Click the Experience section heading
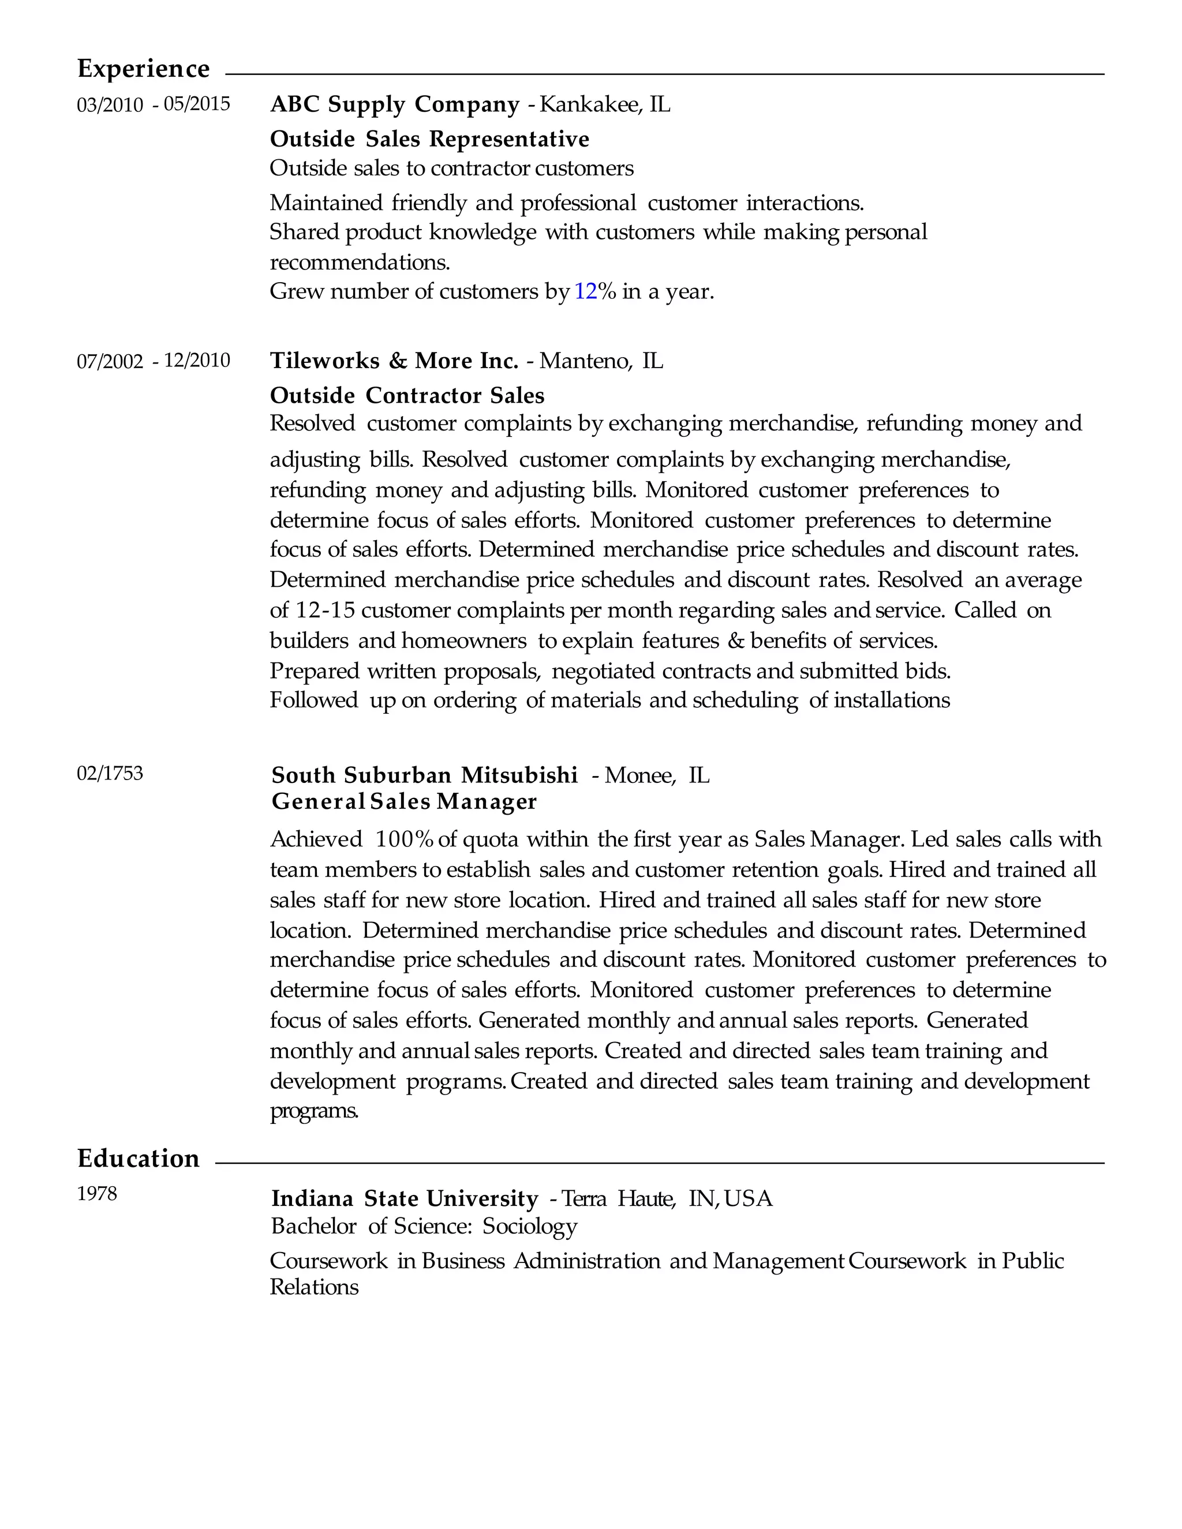[x=143, y=69]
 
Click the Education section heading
[x=138, y=1159]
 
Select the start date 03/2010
[x=110, y=105]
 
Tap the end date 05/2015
[x=197, y=104]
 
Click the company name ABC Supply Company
[x=395, y=104]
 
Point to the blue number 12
[x=585, y=291]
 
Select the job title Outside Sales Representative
[x=429, y=139]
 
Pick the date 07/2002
[x=110, y=361]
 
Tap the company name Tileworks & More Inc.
[x=394, y=361]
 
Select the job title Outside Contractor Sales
[x=407, y=396]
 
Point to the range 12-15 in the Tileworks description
[x=325, y=610]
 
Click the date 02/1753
[x=110, y=774]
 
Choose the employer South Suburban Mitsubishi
[x=424, y=775]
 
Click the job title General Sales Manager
[x=404, y=801]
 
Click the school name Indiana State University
[x=405, y=1198]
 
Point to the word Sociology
[x=529, y=1226]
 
